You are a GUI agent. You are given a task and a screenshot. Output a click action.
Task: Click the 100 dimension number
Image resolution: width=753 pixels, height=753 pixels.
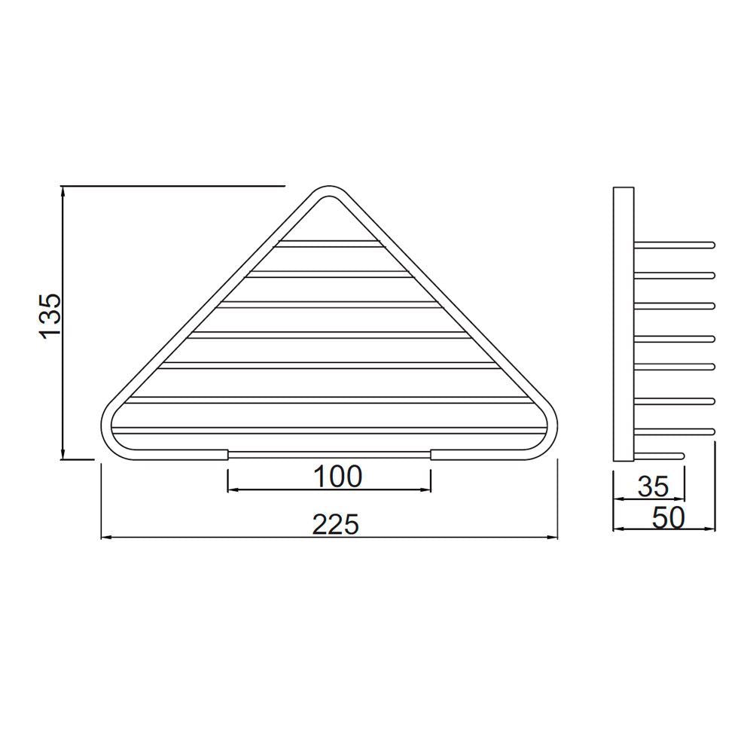pyautogui.click(x=337, y=475)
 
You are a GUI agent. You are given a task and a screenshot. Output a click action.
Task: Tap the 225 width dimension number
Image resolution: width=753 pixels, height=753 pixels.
pyautogui.click(x=336, y=524)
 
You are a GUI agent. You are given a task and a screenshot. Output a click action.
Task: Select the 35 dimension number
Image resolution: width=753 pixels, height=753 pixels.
pyautogui.click(x=652, y=486)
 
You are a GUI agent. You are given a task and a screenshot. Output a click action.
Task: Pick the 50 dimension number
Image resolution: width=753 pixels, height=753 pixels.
pyautogui.click(x=666, y=518)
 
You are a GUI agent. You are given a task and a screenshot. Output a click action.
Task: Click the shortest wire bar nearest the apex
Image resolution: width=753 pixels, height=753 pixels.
pyautogui.click(x=328, y=243)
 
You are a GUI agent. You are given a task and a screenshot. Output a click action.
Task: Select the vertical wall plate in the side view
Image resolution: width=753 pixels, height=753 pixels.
pyautogui.click(x=623, y=324)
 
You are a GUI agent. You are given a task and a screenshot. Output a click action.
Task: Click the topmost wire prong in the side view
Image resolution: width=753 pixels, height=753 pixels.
pyautogui.click(x=674, y=245)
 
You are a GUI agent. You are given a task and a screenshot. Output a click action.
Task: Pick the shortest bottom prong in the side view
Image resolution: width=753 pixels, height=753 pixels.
pyautogui.click(x=660, y=454)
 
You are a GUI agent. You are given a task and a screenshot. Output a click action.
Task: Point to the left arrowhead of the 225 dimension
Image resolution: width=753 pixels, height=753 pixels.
pyautogui.click(x=106, y=538)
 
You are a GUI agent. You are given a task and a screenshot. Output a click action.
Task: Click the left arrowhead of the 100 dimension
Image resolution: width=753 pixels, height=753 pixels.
pyautogui.click(x=233, y=489)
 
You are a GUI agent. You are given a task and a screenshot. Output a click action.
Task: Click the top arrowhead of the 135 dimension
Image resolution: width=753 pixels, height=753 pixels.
pyautogui.click(x=64, y=191)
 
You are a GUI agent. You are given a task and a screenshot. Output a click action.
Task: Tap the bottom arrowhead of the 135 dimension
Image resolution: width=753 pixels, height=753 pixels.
pyautogui.click(x=64, y=453)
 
